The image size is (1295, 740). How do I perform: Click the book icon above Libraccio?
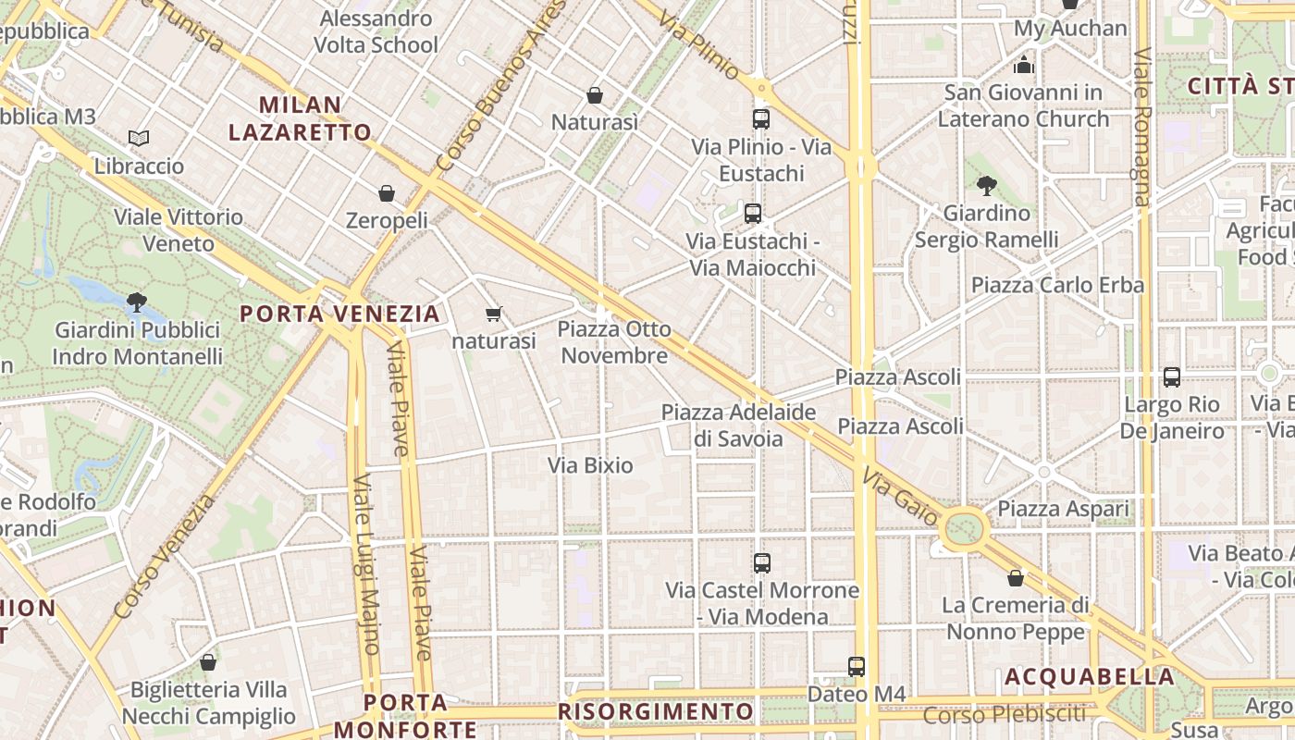(x=139, y=139)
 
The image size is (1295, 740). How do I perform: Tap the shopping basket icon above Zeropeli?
(x=387, y=193)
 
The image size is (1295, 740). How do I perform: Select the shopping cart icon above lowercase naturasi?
(x=494, y=314)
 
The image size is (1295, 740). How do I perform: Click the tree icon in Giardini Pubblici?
(x=137, y=302)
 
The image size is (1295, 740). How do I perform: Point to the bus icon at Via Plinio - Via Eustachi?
(x=761, y=119)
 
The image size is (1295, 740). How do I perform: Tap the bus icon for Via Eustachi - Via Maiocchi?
(x=753, y=214)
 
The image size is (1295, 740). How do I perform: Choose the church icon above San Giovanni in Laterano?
(x=1023, y=65)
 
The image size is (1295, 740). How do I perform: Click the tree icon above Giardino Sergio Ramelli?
(x=987, y=185)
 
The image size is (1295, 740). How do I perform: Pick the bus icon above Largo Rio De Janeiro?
(x=1172, y=377)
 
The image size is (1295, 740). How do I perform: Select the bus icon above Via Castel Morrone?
(x=762, y=562)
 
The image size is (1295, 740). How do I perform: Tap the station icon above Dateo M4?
(x=857, y=666)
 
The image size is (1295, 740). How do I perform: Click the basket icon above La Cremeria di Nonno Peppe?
(x=1016, y=578)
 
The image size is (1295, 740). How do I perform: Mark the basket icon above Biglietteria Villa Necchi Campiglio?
(x=208, y=662)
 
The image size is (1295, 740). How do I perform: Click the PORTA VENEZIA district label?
(x=340, y=314)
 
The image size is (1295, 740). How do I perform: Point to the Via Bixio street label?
(x=590, y=465)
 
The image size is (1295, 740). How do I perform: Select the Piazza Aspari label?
(x=1063, y=509)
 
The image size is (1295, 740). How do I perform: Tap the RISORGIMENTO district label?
(x=656, y=711)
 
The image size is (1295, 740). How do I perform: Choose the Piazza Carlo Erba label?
(x=1057, y=285)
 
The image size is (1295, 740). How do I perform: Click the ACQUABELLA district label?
(x=1090, y=677)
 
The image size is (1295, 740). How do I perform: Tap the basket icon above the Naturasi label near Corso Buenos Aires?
(x=595, y=95)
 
